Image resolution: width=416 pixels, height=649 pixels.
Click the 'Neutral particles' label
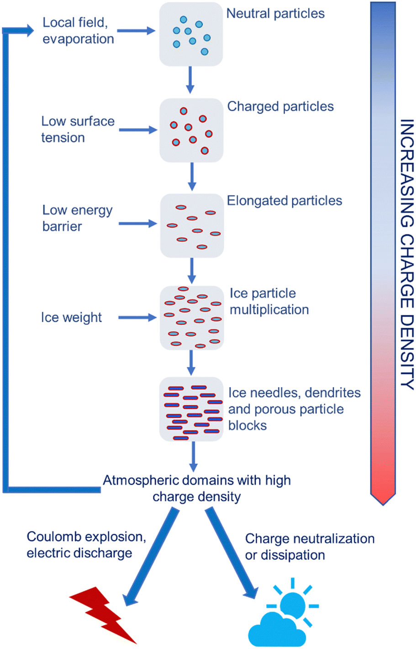click(x=275, y=14)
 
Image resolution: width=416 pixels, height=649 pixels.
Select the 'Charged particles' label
click(x=280, y=107)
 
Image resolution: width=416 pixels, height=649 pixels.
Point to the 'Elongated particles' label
click(x=284, y=201)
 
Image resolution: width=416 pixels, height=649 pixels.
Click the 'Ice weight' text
click(x=71, y=318)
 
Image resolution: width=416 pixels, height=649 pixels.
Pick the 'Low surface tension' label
click(x=77, y=130)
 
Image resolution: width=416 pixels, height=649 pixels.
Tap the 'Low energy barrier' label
click(x=77, y=218)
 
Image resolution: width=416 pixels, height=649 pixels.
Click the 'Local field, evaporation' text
click(x=78, y=31)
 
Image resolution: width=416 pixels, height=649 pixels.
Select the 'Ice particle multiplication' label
click(x=269, y=301)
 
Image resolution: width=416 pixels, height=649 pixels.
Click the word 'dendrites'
click(x=332, y=393)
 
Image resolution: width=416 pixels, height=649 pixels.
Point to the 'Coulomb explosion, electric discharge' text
click(x=86, y=545)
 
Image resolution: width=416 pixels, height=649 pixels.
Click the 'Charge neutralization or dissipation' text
click(x=310, y=547)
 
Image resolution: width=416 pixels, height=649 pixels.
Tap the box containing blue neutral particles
click(x=191, y=34)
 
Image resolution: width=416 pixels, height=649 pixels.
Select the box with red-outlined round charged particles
click(x=191, y=131)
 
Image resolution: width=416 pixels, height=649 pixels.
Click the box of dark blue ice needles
click(x=191, y=408)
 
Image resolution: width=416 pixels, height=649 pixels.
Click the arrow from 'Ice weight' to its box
click(x=137, y=318)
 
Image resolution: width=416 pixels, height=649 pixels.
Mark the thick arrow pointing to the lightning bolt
click(x=151, y=557)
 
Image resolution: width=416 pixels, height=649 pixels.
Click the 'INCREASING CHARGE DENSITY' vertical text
click(x=406, y=254)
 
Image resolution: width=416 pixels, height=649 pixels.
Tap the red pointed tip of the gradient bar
click(x=383, y=497)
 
